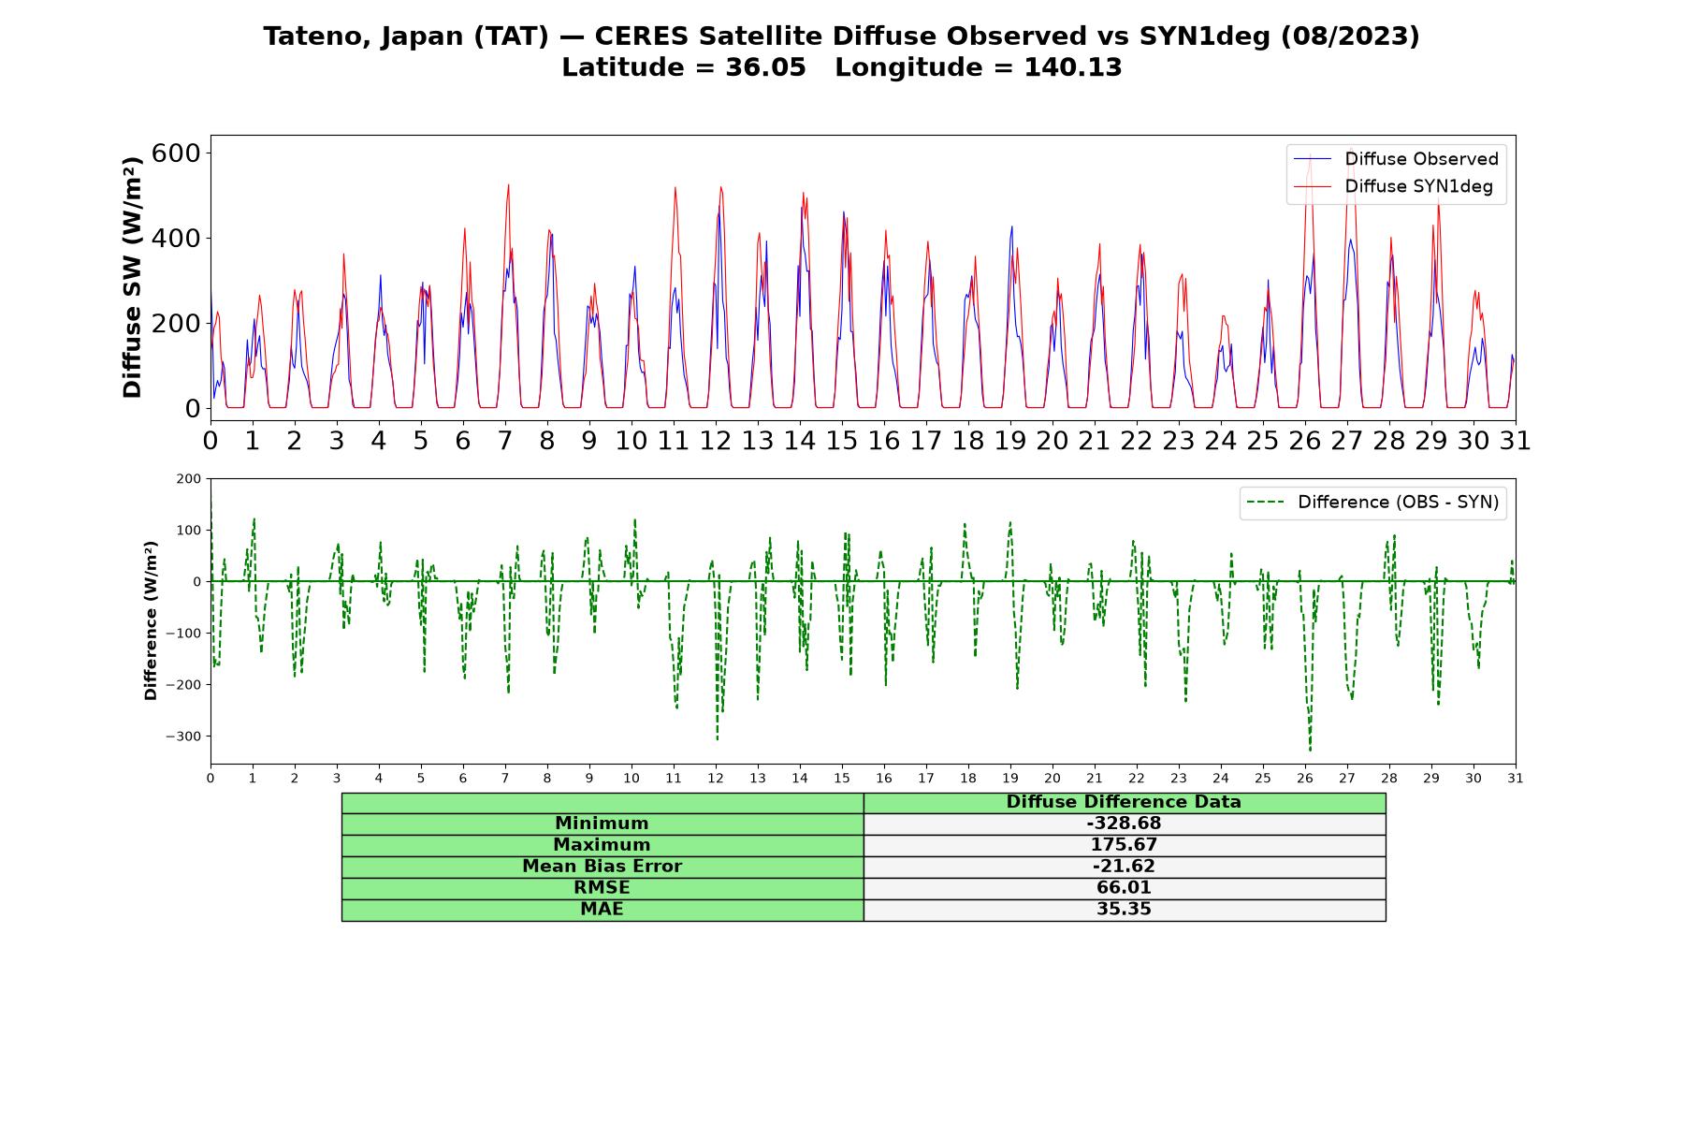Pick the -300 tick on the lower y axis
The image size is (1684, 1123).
point(183,737)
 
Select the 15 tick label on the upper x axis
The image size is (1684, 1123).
point(842,440)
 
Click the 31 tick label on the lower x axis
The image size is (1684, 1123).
point(1516,778)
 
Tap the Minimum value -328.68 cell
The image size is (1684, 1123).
point(1124,824)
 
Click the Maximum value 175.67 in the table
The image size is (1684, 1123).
point(1124,845)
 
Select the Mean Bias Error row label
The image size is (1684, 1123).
point(602,867)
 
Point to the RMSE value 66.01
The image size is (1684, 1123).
point(1124,888)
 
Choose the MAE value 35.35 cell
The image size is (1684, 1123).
point(1124,910)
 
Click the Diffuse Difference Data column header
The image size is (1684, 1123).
point(1124,802)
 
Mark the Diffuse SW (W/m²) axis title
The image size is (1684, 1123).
point(133,278)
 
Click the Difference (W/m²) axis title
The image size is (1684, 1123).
point(151,621)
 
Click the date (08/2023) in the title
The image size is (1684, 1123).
point(1350,36)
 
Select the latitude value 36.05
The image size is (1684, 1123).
point(765,67)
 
